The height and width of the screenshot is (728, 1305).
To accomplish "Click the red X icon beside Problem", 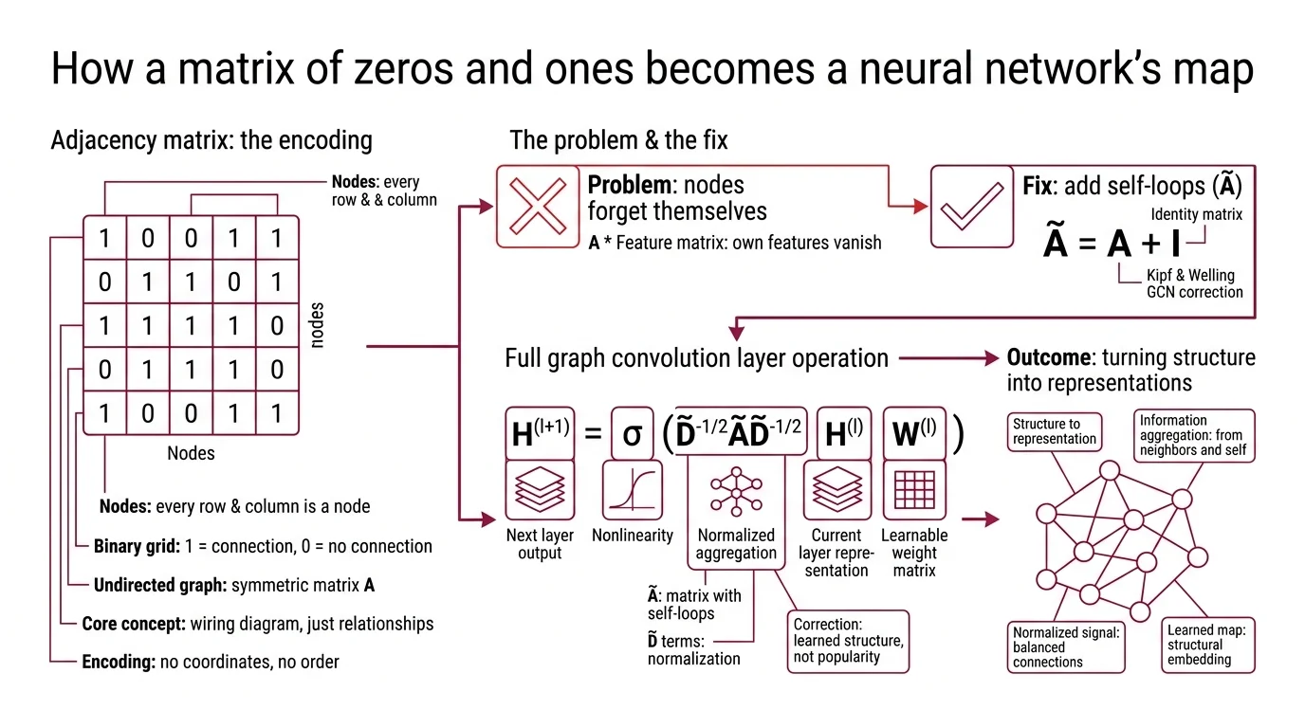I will click(538, 207).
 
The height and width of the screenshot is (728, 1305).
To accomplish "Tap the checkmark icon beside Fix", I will click(971, 207).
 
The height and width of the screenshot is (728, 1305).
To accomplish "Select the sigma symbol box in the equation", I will click(632, 433).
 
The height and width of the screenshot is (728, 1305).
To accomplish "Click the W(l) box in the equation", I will click(914, 433).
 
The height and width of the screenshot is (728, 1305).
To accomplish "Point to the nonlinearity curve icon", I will click(632, 489).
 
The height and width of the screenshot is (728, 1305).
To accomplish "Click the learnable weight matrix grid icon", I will click(914, 489).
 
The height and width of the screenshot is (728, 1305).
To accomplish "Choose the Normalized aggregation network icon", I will click(736, 489).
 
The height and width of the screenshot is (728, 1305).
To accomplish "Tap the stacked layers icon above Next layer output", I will click(540, 489).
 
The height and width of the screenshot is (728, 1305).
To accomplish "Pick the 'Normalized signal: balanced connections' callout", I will click(1065, 646).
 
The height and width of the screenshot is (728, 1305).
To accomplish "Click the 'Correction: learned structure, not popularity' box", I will click(848, 641).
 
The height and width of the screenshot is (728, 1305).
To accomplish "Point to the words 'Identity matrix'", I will click(1196, 214).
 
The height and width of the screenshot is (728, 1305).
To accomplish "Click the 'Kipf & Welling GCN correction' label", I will click(1194, 283).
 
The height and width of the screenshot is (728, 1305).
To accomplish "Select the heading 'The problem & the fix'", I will click(618, 141).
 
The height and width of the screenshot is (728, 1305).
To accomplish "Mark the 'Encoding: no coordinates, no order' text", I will click(211, 662).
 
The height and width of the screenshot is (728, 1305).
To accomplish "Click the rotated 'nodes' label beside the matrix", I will click(317, 326).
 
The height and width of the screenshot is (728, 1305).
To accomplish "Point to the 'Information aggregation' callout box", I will click(1194, 435).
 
